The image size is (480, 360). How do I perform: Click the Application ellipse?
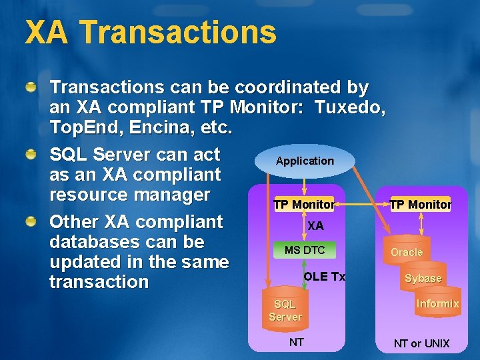(305, 161)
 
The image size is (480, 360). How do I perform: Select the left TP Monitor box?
(304, 205)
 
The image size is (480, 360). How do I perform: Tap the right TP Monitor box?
(420, 205)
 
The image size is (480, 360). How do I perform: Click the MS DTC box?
(305, 250)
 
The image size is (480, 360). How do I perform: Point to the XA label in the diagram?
(315, 226)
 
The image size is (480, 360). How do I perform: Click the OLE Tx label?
(325, 277)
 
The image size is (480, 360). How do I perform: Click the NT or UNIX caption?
(421, 343)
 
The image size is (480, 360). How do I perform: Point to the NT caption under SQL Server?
(296, 342)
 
